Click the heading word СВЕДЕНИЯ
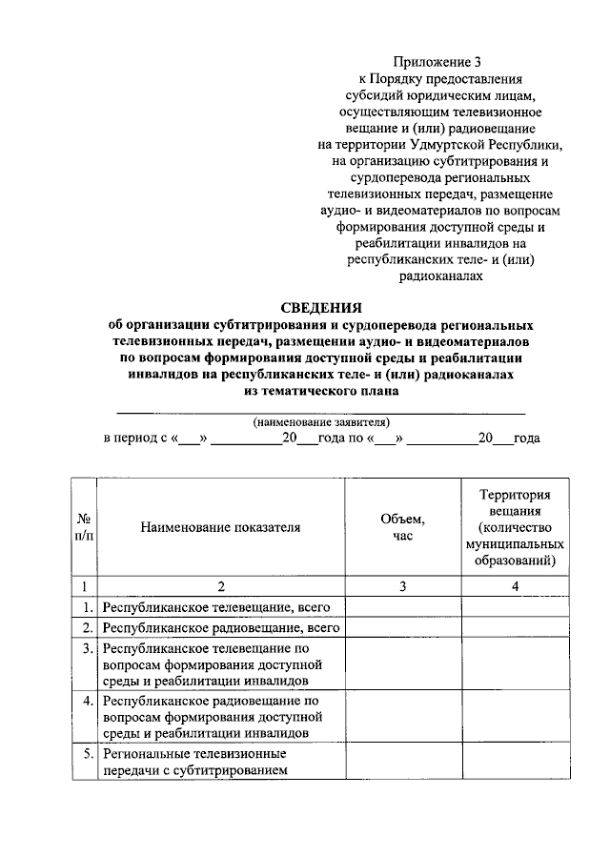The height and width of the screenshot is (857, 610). pyautogui.click(x=321, y=307)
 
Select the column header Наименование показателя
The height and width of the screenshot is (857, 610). pyautogui.click(x=220, y=526)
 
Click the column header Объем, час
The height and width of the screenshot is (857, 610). pyautogui.click(x=403, y=526)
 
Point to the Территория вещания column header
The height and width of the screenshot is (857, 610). pyautogui.click(x=515, y=526)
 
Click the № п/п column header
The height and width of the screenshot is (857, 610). pyautogui.click(x=84, y=526)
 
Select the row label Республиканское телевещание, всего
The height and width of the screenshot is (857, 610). pyautogui.click(x=213, y=606)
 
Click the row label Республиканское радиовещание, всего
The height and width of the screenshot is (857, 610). pyautogui.click(x=221, y=627)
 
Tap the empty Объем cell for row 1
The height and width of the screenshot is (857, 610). pyautogui.click(x=403, y=606)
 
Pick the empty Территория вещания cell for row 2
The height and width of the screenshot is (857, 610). pyautogui.click(x=515, y=627)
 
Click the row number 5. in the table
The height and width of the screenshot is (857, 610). pyautogui.click(x=86, y=753)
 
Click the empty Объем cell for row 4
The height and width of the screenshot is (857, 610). pyautogui.click(x=403, y=717)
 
